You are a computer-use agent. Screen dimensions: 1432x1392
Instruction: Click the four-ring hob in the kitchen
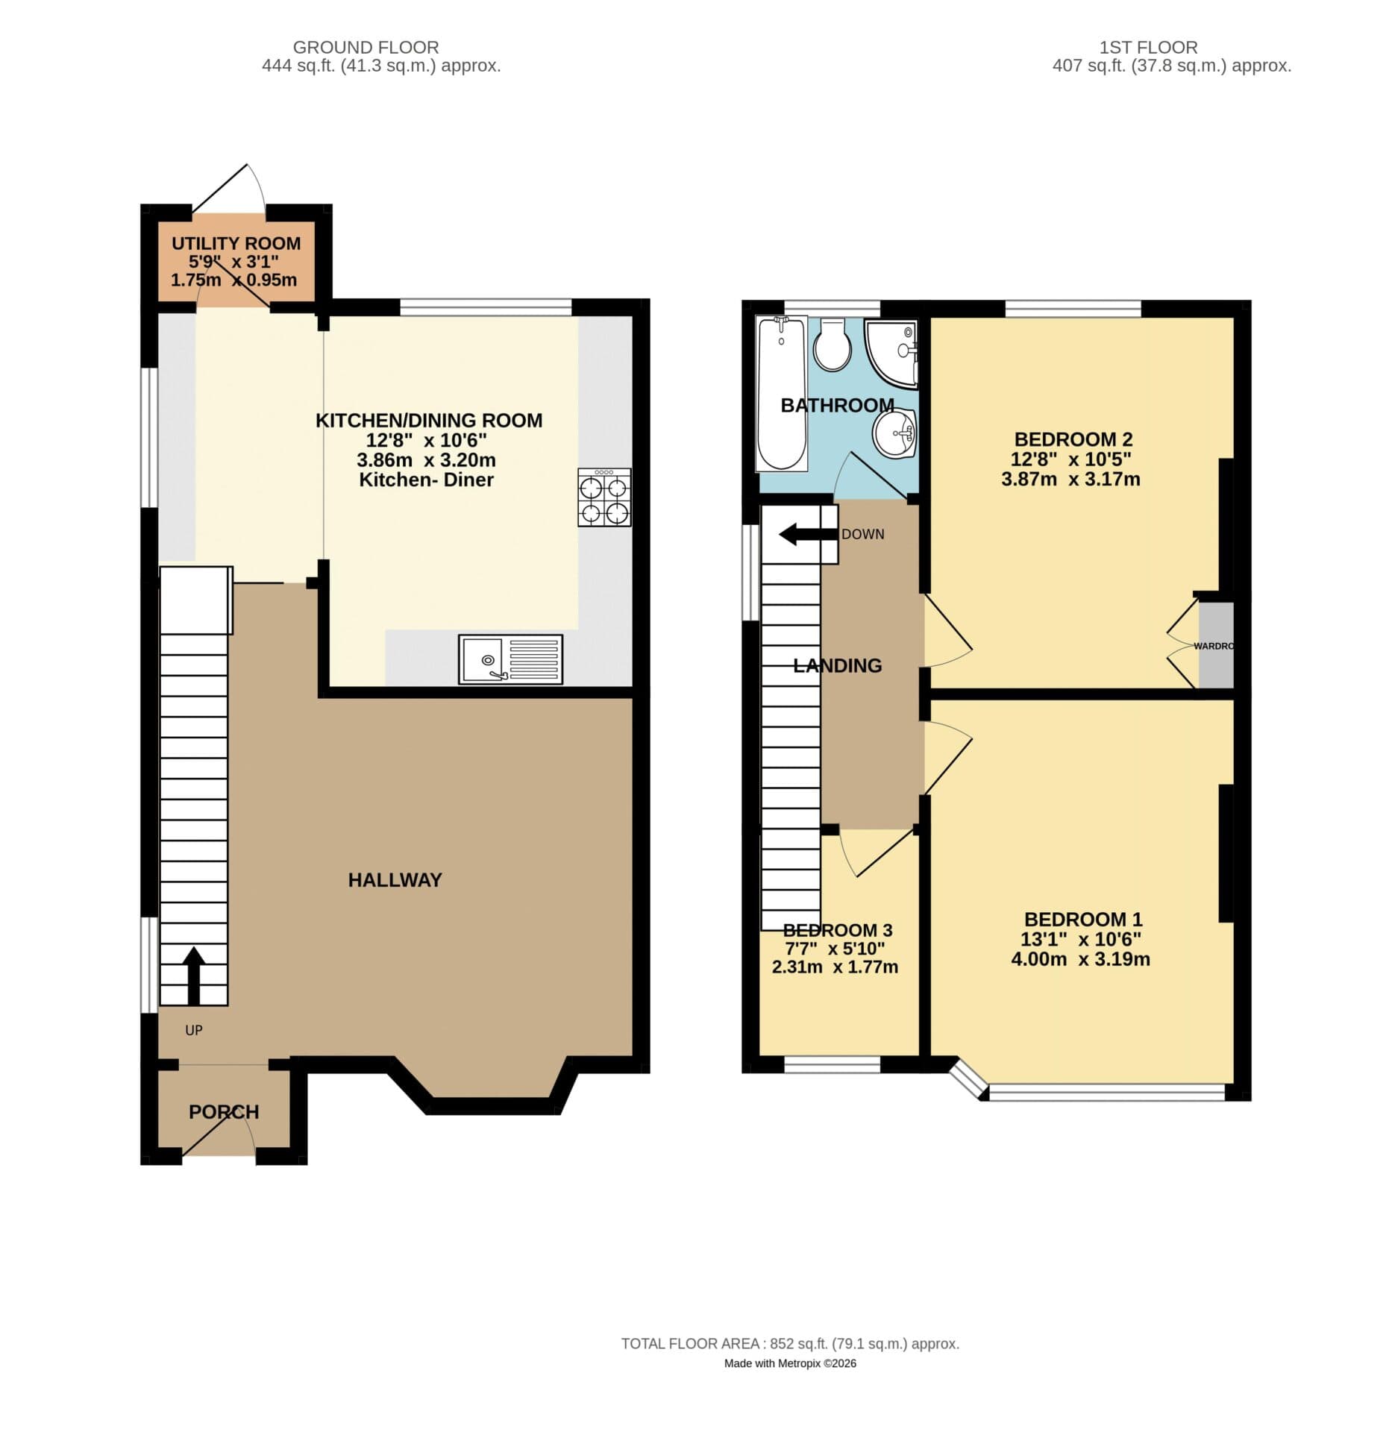(604, 497)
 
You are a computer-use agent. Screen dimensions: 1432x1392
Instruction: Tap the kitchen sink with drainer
(510, 659)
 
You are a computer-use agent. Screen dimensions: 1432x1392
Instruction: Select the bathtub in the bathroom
(781, 393)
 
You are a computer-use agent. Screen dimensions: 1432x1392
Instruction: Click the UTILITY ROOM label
(236, 243)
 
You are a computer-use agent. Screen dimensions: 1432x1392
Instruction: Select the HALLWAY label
(395, 880)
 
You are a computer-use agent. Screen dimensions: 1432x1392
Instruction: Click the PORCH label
(224, 1112)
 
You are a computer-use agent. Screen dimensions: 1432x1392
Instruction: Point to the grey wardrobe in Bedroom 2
(1215, 646)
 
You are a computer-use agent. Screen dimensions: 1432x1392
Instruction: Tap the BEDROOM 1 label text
(1082, 919)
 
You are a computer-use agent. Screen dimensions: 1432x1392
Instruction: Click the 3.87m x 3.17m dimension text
(1070, 479)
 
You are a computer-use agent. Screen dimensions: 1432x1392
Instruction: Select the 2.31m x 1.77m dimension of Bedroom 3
(834, 967)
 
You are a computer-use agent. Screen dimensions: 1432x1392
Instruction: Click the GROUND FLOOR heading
(366, 47)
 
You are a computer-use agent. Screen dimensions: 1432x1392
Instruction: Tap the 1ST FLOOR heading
(1148, 47)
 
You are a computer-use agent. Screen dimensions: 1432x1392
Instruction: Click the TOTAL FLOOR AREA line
(790, 1343)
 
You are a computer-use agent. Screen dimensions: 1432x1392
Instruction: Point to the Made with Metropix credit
(790, 1363)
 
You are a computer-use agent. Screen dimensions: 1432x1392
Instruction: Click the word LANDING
(837, 665)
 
